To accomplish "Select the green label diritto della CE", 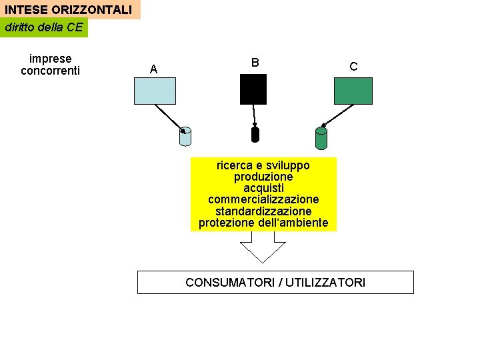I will point(43,27).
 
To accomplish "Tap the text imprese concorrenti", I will point(50,65).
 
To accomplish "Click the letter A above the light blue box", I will point(154,69).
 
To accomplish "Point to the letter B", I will point(255,62).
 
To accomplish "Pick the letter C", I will point(353,67).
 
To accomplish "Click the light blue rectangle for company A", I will point(155,91).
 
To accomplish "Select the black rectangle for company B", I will point(253,89).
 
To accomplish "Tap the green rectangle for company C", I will point(353,91).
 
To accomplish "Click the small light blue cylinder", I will point(185,137).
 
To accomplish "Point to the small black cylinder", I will point(255,134).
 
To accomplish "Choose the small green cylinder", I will point(321,138).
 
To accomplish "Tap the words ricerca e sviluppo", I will point(263,165).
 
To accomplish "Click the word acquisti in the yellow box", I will point(263,188).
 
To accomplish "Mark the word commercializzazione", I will point(263,199).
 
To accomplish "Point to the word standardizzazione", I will point(263,211).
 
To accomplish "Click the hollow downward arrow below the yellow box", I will point(263,250).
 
